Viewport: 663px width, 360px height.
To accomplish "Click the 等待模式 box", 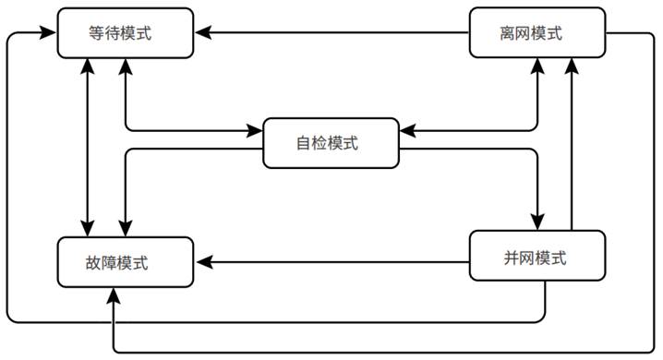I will tap(126, 32).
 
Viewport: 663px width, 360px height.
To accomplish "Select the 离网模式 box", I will tap(537, 32).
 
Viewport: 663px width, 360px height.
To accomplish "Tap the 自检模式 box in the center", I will tap(331, 143).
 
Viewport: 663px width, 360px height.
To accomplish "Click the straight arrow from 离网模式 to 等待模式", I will tap(332, 32).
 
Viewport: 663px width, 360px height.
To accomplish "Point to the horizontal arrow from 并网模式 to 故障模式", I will tap(332, 261).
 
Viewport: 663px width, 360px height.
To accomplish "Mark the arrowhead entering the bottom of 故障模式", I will tap(114, 294).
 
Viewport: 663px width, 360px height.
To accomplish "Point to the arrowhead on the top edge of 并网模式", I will tap(536, 224).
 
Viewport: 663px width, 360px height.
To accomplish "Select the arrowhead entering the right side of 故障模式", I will tap(202, 261).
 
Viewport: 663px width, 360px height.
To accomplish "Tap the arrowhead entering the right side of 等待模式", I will tap(202, 32).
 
